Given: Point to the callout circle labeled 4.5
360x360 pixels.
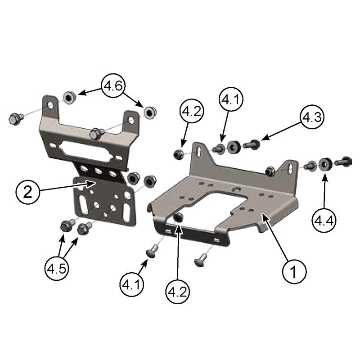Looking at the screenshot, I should coord(57,269).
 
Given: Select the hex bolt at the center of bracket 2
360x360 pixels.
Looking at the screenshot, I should coord(96,134).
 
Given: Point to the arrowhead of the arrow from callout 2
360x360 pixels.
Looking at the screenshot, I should coord(94,182).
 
